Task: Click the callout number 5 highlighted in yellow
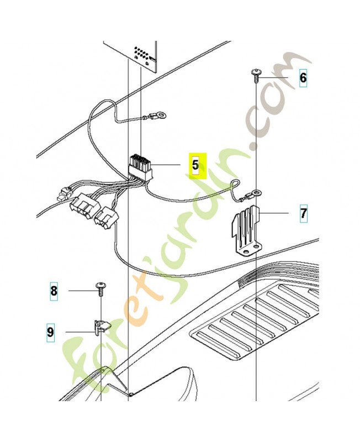pos(195,165)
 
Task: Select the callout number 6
pos(303,78)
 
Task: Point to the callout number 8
pos(54,290)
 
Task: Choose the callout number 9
pos(50,333)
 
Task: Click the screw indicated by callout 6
pos(256,74)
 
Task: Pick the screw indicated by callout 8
pos(102,286)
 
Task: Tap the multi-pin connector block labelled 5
pos(140,165)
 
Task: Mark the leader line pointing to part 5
pos(167,165)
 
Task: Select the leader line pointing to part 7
pos(274,212)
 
